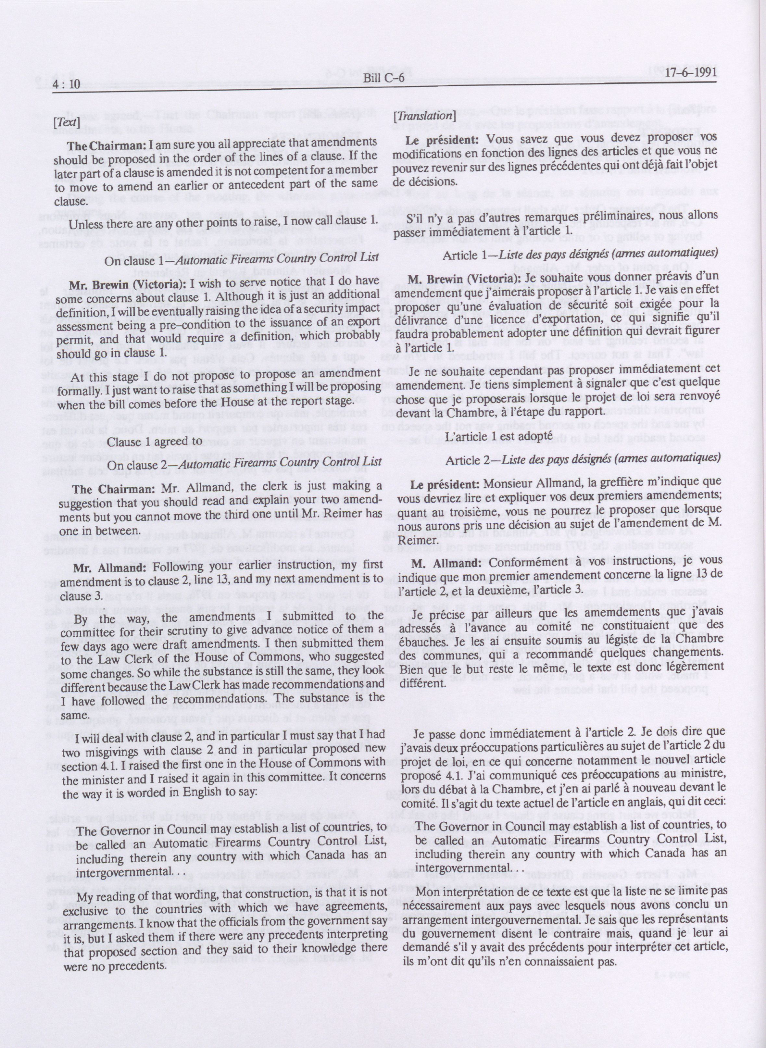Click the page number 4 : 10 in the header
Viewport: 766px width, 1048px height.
(x=67, y=83)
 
